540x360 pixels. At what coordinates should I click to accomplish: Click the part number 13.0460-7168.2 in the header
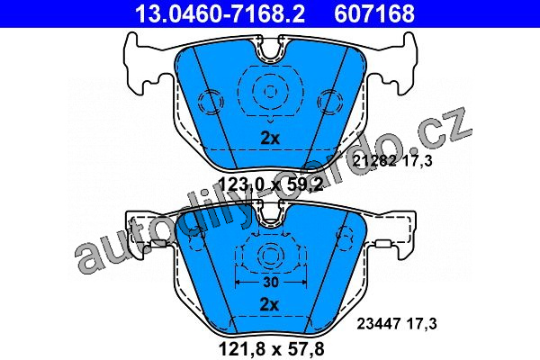220,13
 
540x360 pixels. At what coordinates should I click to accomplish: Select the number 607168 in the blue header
374,13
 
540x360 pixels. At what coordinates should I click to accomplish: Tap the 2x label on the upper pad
270,139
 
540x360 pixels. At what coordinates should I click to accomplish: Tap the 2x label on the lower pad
269,304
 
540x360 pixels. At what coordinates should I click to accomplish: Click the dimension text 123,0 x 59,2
271,185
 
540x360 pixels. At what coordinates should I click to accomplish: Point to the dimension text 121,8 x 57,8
272,349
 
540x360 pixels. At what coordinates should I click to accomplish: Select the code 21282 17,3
392,161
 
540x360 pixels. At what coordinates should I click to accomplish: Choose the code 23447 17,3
397,324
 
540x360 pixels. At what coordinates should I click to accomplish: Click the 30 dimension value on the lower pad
270,282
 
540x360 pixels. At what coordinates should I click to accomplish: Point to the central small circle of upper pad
270,91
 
